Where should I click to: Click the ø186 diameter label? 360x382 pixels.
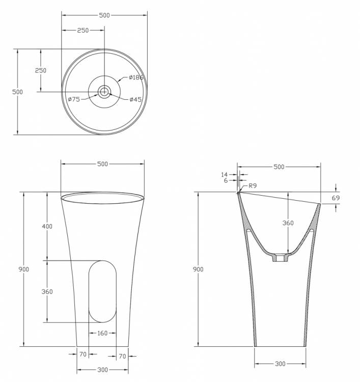(x=136, y=77)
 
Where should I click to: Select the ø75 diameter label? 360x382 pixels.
(x=74, y=99)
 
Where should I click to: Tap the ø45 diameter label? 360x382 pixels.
(x=135, y=99)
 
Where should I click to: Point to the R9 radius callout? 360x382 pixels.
(x=253, y=185)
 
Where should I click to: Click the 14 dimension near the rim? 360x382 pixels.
(x=225, y=174)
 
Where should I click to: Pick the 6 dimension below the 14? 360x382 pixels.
(x=226, y=180)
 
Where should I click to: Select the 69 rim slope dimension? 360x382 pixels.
(x=336, y=198)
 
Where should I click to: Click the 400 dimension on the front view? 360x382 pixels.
(x=47, y=226)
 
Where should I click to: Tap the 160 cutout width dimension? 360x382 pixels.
(x=102, y=333)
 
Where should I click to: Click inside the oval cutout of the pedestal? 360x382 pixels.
(x=102, y=291)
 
